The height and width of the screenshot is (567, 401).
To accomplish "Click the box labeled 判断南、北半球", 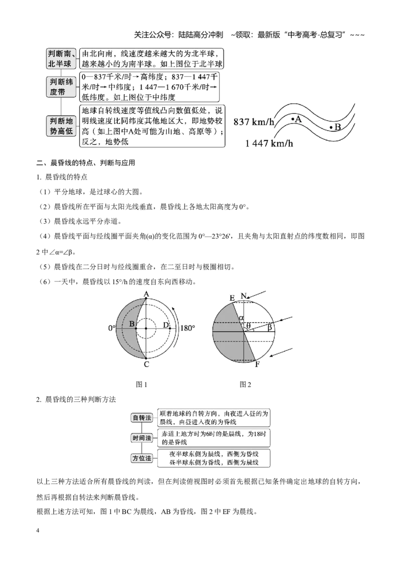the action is [62, 59].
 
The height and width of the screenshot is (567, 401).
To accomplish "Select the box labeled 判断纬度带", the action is [62, 87].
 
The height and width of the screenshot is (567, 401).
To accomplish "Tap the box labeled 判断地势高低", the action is [62, 126].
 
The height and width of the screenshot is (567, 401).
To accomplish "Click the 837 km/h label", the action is [254, 122].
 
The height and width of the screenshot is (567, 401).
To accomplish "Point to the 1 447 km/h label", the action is [269, 144].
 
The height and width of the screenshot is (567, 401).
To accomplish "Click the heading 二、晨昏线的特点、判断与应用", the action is [86, 163].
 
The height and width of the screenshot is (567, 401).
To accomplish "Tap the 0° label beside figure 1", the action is [111, 329].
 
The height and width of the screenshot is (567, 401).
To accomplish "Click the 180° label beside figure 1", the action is [187, 329].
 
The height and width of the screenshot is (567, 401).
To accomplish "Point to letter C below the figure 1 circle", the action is [146, 364].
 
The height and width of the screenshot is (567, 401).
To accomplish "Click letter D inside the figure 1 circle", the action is [166, 325].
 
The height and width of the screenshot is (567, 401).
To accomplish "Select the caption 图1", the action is [141, 385].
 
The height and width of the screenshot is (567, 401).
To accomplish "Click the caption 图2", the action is [246, 385].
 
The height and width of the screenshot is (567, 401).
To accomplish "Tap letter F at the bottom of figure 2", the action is [257, 364].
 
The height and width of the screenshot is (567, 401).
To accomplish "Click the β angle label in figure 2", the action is [269, 327].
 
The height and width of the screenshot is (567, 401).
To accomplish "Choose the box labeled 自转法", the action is [142, 418].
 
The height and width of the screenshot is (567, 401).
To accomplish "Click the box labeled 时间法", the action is [142, 438].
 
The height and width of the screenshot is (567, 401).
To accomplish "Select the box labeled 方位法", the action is [142, 458].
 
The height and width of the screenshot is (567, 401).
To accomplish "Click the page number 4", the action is [38, 530].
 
